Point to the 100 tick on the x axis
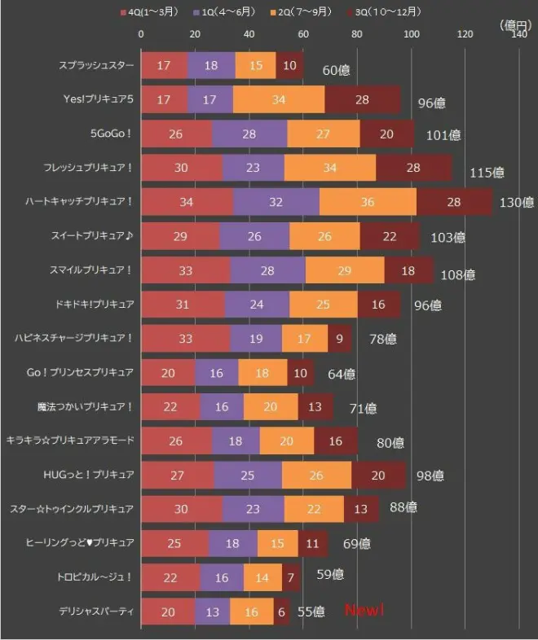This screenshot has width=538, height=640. click(411, 33)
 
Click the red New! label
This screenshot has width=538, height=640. click(364, 611)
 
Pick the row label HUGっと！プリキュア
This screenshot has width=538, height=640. click(95, 474)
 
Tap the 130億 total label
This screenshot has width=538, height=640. click(517, 202)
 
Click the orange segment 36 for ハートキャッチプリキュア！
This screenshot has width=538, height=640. click(368, 201)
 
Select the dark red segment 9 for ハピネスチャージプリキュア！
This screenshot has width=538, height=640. click(339, 338)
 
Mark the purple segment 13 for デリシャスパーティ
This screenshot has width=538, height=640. click(213, 610)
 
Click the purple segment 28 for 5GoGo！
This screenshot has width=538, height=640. click(250, 133)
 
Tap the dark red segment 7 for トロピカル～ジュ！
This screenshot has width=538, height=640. click(292, 576)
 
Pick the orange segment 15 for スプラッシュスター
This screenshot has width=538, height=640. click(256, 65)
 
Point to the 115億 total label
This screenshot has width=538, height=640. click(487, 173)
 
